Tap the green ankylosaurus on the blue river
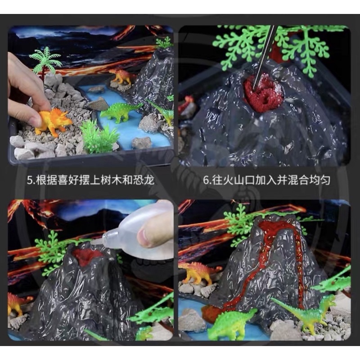121,111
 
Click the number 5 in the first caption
29,180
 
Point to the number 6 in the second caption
206,180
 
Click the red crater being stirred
264,93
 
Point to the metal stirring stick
264,58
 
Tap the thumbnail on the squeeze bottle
144,236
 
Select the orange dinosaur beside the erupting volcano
198,273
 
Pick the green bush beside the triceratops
99,137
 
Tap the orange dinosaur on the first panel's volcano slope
121,76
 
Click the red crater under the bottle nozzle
87,256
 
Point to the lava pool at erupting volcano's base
212,313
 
